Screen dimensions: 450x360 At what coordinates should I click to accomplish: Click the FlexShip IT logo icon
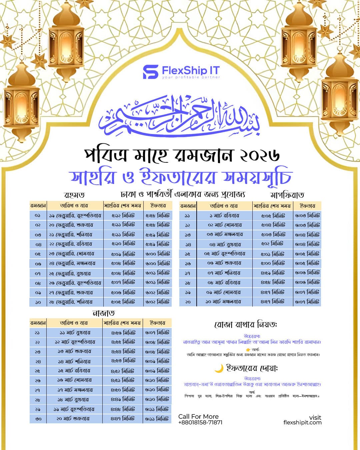click(x=150, y=72)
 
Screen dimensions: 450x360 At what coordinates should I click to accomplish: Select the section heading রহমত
click(x=74, y=195)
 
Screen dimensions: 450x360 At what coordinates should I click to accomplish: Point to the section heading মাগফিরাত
click(x=287, y=195)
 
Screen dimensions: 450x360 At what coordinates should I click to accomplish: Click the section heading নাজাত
click(x=103, y=313)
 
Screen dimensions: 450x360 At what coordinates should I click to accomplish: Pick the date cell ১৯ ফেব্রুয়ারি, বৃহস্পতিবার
click(x=75, y=215)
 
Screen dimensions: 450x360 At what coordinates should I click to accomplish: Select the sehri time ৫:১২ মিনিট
click(x=123, y=215)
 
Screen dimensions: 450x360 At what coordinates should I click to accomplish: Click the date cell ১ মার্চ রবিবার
click(x=224, y=216)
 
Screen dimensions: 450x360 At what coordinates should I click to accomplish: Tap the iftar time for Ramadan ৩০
click(x=157, y=419)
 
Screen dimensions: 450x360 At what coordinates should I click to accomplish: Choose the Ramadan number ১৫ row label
click(x=188, y=254)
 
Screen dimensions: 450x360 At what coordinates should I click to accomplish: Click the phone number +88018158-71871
click(x=200, y=422)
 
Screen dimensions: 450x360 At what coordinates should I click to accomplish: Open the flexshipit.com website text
click(x=302, y=422)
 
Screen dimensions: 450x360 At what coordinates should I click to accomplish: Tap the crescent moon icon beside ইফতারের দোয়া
click(x=219, y=368)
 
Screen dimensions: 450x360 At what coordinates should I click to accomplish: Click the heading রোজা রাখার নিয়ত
click(x=246, y=324)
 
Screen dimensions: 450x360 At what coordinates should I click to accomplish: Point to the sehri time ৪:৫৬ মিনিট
click(x=123, y=333)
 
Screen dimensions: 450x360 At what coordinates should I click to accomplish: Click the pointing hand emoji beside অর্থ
click(x=248, y=350)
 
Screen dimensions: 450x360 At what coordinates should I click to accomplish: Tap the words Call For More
click(x=198, y=416)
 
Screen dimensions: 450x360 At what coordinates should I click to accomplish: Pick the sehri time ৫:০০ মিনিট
click(x=273, y=263)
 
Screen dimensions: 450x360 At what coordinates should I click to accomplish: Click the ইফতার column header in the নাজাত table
click(x=157, y=323)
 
